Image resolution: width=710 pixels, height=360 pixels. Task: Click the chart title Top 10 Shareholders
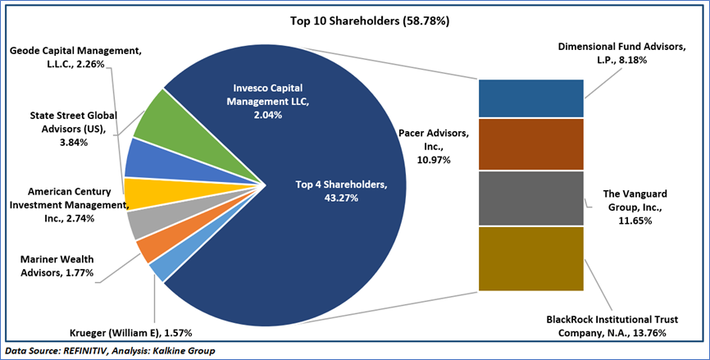355,20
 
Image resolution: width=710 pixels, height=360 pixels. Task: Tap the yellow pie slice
141,192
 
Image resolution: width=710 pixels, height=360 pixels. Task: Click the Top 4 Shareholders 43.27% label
339,190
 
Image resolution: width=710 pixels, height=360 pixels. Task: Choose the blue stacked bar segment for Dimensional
531,98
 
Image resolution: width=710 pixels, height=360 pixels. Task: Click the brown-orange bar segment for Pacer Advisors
531,144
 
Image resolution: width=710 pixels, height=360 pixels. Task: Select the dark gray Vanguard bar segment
531,198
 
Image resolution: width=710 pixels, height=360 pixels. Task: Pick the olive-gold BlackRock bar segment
531,258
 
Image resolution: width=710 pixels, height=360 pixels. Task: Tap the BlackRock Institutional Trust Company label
606,326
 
